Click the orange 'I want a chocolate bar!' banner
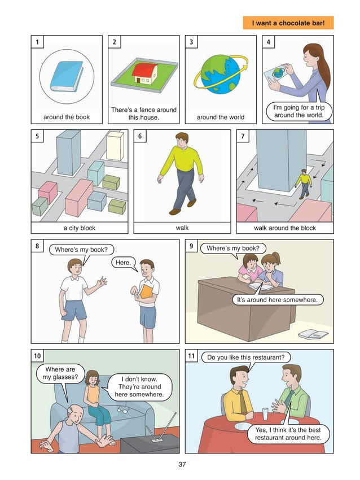[x=288, y=23]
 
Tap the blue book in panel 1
[x=66, y=77]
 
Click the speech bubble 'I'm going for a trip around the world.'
[x=298, y=111]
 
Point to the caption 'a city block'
[x=80, y=228]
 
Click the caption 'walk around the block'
[x=285, y=228]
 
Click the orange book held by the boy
[x=146, y=291]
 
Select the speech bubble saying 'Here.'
[x=122, y=263]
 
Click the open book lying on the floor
[x=313, y=334]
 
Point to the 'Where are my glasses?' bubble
[x=60, y=374]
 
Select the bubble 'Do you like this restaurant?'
[x=245, y=357]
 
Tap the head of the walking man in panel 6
[x=181, y=140]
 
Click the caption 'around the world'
[x=220, y=117]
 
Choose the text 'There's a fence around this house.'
[x=143, y=114]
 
